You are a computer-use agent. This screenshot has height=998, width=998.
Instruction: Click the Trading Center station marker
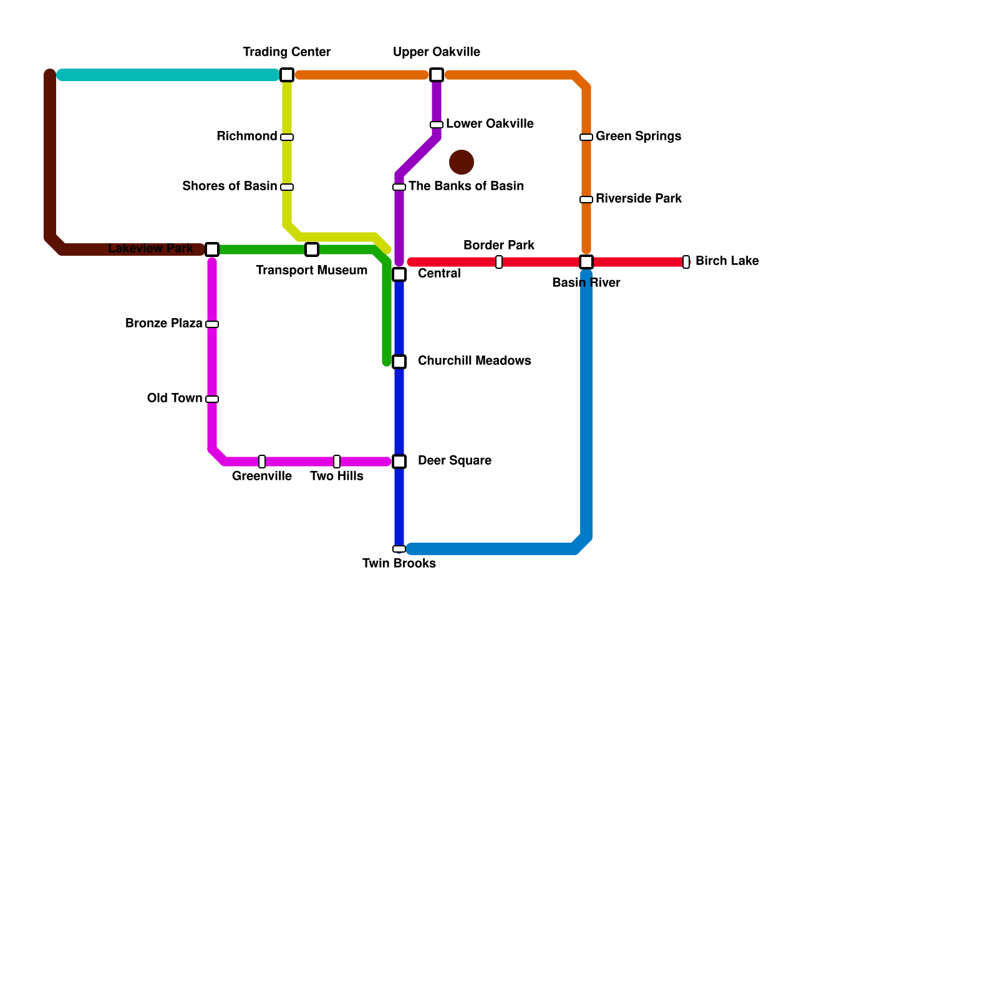(287, 75)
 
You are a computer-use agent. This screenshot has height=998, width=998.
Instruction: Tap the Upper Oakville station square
(437, 75)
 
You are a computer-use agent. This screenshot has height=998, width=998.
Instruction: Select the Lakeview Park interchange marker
(212, 249)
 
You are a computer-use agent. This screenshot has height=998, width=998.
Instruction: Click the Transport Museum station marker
(312, 249)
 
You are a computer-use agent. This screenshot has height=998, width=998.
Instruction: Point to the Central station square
(399, 274)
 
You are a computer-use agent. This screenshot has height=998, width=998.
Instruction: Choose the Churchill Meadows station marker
(399, 362)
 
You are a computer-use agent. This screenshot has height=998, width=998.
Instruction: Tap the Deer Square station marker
(399, 462)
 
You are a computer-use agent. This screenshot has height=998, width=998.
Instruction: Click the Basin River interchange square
(586, 262)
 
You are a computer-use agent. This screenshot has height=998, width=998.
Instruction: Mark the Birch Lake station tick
(686, 262)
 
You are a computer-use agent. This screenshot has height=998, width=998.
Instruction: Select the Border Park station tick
(499, 262)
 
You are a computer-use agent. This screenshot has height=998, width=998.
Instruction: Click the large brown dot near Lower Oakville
(462, 162)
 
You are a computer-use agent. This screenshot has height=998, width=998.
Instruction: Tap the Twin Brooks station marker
(399, 549)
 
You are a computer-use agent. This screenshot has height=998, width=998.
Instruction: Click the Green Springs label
(638, 136)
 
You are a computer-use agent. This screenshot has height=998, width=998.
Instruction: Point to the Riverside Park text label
(639, 198)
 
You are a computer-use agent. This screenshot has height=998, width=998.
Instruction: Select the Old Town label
(175, 398)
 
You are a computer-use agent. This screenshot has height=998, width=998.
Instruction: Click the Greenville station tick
(262, 462)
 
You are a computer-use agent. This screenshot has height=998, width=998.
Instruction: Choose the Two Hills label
(337, 476)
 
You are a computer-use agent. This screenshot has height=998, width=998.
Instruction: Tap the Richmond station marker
(287, 137)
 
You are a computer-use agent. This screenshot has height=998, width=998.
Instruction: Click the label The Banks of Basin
(466, 186)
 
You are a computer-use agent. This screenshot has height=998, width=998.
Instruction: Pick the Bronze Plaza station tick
(212, 324)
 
